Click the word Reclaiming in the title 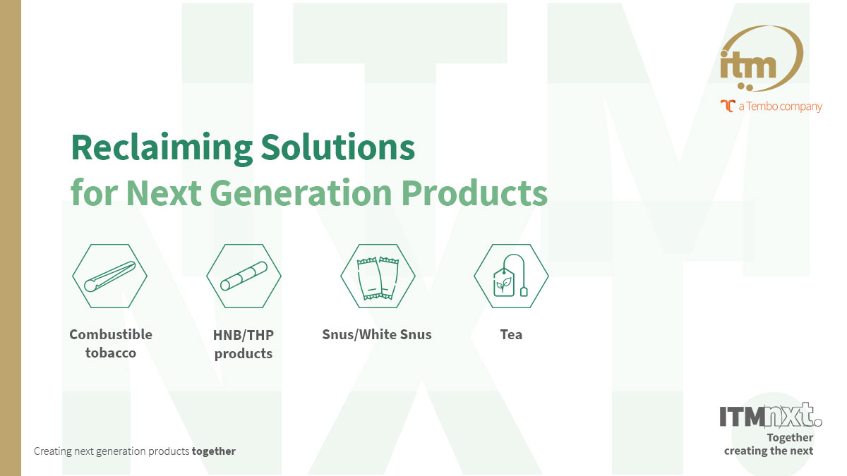pos(161,148)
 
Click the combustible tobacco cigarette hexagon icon pos(109,276)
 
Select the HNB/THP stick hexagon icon pos(244,276)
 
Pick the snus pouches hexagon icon pos(378,276)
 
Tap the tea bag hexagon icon pos(511,276)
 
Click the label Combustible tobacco pos(111,343)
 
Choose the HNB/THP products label pos(244,343)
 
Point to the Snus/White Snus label pos(377,334)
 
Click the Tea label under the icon pos(511,334)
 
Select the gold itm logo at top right pos(759,59)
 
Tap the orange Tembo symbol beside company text pos(727,106)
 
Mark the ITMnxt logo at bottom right pos(770,416)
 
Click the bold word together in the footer pos(214,451)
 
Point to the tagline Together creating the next pos(769,444)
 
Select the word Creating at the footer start pos(52,451)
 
